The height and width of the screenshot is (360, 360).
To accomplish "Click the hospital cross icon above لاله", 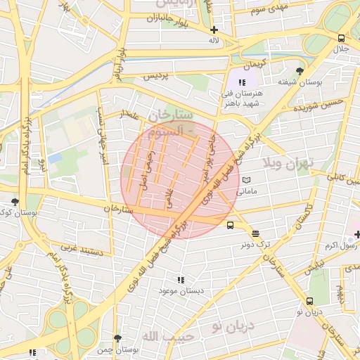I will [214, 30].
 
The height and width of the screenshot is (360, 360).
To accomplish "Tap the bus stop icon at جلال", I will [341, 38].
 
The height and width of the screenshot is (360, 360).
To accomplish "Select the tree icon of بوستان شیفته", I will [300, 71].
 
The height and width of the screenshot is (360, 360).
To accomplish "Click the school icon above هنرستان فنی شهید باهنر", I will [233, 82].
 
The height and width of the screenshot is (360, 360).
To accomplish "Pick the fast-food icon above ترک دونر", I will [254, 233].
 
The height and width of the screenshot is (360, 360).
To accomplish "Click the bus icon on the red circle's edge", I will [231, 225].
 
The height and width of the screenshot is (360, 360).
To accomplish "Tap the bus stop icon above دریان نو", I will [309, 300].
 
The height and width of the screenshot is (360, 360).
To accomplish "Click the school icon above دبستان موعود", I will [182, 280].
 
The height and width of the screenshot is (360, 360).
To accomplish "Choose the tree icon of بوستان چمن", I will [117, 338].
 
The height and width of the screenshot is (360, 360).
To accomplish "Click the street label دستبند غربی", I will [82, 249].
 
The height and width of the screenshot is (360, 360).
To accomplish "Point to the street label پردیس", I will [156, 76].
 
